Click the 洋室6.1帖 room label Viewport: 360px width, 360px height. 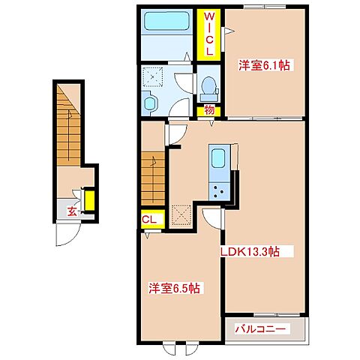(264, 65)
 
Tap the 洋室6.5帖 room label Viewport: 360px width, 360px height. (174, 288)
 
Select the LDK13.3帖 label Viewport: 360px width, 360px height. (250, 252)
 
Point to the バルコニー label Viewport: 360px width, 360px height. (260, 328)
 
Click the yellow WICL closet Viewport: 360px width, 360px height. (208, 34)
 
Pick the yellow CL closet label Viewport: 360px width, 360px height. (149, 219)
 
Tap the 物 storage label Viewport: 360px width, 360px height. (209, 110)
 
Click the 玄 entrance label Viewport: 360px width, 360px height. (72, 212)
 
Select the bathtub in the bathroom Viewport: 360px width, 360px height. (166, 21)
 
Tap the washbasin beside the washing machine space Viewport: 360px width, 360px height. (150, 103)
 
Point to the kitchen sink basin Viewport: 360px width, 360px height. (217, 158)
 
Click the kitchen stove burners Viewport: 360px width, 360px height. (219, 191)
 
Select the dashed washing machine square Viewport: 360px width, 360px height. (152, 76)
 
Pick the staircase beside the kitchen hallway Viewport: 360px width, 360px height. (153, 178)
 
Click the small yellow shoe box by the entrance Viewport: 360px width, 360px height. (89, 201)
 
